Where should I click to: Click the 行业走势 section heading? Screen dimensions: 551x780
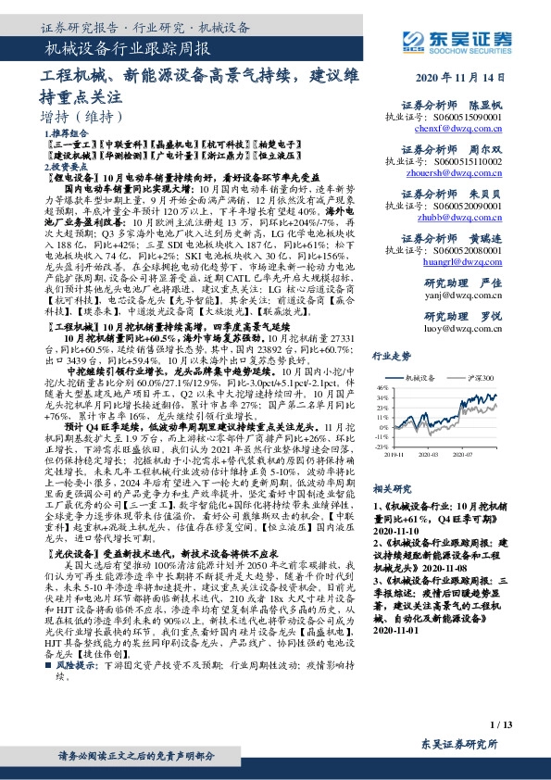pyautogui.click(x=391, y=355)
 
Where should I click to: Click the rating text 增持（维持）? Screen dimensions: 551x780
pyautogui.click(x=83, y=118)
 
